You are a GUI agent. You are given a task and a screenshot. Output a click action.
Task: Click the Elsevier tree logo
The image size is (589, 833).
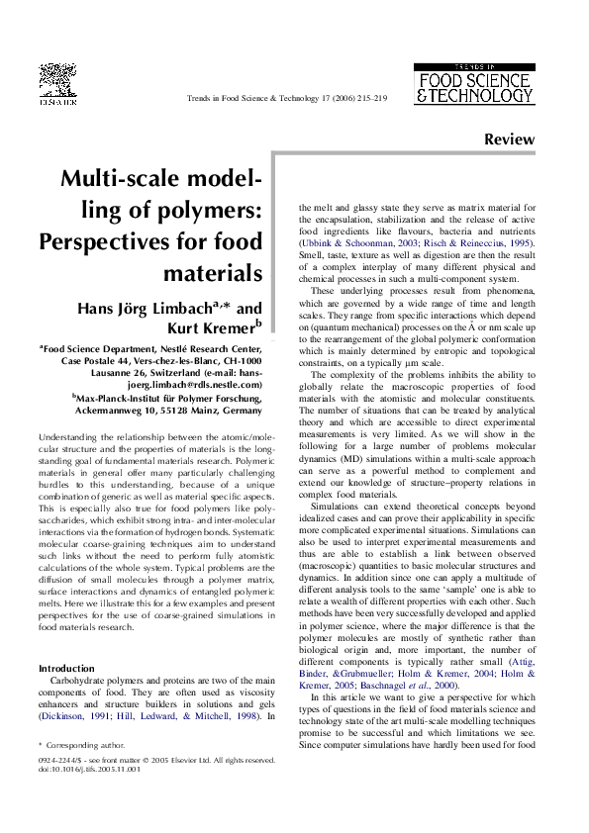tap(57, 83)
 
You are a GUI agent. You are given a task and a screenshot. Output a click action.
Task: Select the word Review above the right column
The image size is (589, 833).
tap(510, 141)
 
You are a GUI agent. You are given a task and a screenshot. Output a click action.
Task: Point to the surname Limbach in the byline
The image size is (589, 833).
tap(166, 307)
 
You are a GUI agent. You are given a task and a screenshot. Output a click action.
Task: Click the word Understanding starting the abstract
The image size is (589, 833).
tap(77, 436)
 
